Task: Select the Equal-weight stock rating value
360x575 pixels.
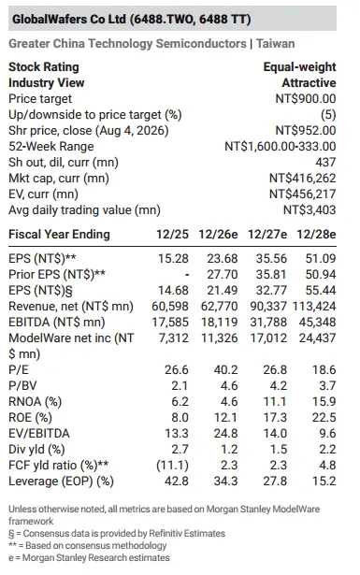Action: (299, 67)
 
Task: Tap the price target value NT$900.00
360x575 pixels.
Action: (306, 99)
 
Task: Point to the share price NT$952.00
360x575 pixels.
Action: (306, 131)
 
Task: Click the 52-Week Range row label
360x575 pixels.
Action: (50, 146)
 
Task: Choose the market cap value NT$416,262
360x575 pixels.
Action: (302, 179)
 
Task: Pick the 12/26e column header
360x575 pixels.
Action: (218, 235)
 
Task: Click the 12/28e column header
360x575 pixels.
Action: (316, 235)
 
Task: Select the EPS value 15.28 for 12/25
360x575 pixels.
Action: (173, 259)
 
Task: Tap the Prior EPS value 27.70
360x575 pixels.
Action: (223, 274)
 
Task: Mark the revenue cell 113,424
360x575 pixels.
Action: (314, 307)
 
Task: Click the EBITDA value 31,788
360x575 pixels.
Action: (268, 322)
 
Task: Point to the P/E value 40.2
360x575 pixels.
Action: (225, 369)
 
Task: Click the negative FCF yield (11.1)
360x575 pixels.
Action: (172, 465)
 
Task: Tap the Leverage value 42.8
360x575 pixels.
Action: (177, 481)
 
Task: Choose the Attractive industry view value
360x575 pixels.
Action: (309, 83)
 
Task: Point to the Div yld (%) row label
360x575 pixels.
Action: (36, 449)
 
